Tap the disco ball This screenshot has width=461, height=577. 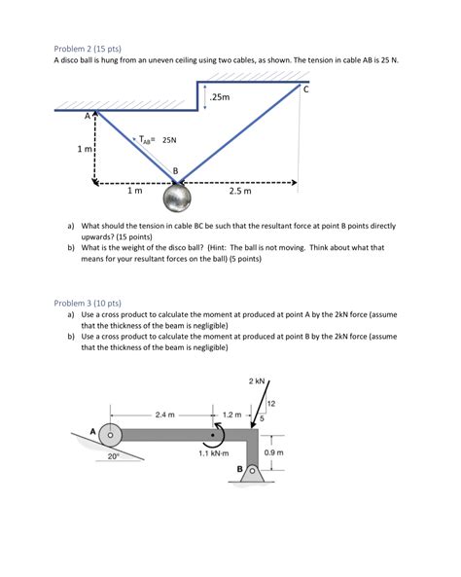click(x=177, y=199)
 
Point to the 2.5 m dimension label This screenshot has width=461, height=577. click(x=240, y=192)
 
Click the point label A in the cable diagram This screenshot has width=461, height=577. click(x=87, y=115)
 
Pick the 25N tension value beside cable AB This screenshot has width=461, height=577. click(x=169, y=140)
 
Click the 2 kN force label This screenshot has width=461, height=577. click(x=257, y=381)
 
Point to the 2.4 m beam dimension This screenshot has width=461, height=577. click(x=165, y=414)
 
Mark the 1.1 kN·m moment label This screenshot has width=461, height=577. click(x=213, y=453)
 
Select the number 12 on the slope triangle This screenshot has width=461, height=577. click(x=271, y=403)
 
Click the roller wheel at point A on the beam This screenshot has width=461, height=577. click(x=109, y=435)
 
